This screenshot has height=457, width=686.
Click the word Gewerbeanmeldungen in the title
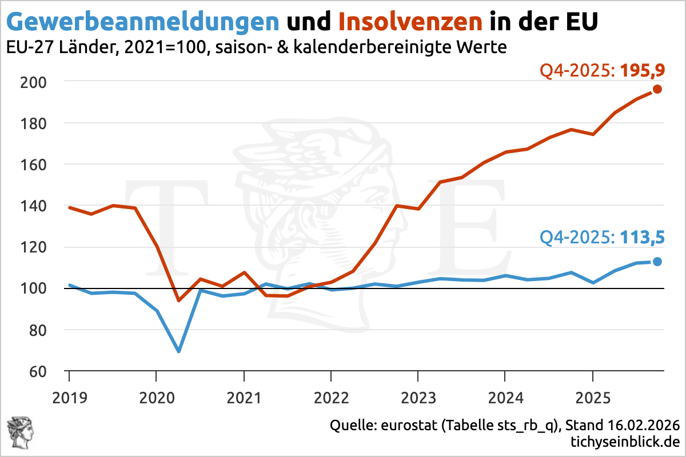click(143, 21)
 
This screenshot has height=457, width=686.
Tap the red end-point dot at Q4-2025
click(657, 89)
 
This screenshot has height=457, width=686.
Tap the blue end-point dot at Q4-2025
click(657, 262)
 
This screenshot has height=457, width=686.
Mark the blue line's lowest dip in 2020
click(178, 351)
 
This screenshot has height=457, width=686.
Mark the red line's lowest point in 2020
click(178, 300)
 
